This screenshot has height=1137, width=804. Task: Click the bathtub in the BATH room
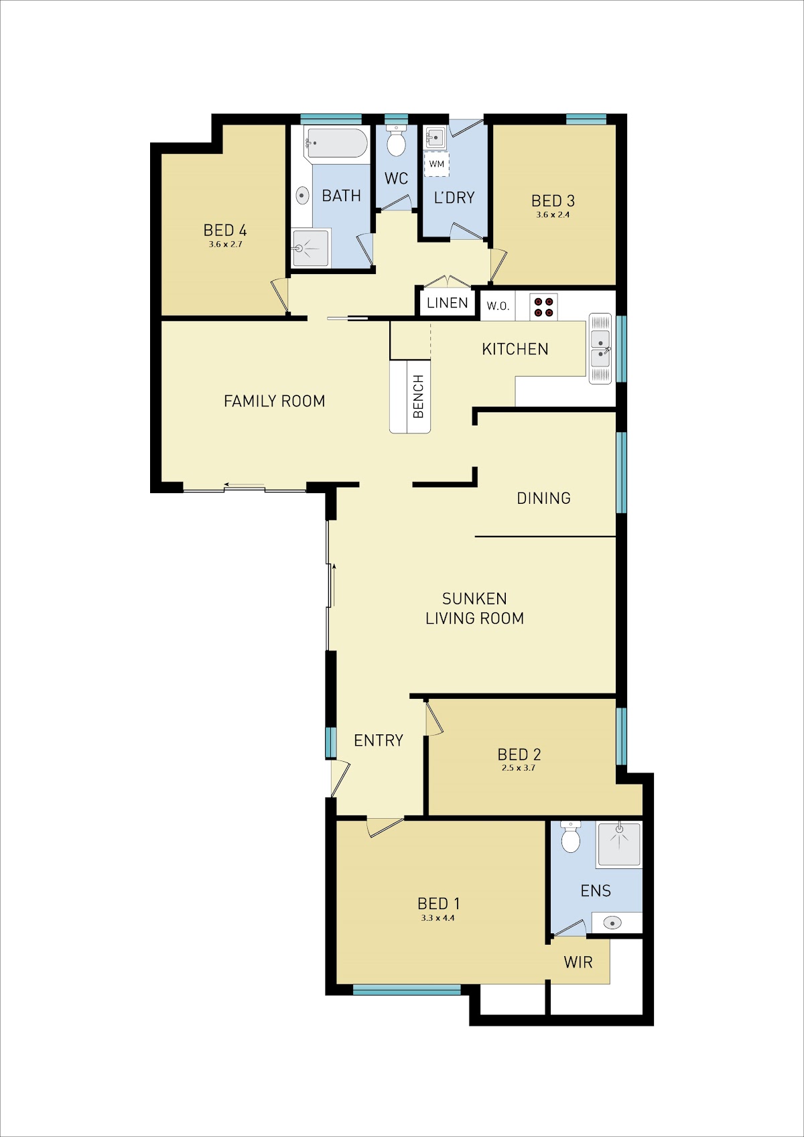point(336,143)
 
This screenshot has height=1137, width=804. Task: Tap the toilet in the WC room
point(396,141)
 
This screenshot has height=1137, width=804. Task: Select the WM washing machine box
point(437,163)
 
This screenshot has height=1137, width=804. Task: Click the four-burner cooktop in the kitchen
point(543,307)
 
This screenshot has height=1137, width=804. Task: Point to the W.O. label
point(497,306)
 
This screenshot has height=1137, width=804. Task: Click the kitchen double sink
point(600,348)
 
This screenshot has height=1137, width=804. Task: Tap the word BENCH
point(418,396)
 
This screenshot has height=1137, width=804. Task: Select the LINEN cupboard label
point(447,303)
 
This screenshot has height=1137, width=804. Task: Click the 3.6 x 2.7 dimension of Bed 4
point(225,244)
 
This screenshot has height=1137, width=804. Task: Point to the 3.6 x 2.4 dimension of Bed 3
point(553,214)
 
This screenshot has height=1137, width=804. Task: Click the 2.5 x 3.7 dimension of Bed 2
point(518,767)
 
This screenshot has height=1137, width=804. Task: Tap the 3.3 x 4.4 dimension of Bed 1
point(438,918)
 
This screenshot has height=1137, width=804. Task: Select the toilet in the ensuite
point(571,837)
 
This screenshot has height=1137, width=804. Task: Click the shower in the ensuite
point(619,844)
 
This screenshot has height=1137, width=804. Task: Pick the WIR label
point(578,962)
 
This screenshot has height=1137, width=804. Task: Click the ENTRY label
point(379,740)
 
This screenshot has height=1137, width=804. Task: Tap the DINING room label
point(543,498)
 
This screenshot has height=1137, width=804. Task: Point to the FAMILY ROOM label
point(275,401)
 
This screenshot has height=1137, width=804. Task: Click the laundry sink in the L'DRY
point(435,137)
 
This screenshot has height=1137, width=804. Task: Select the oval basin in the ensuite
point(612,923)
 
